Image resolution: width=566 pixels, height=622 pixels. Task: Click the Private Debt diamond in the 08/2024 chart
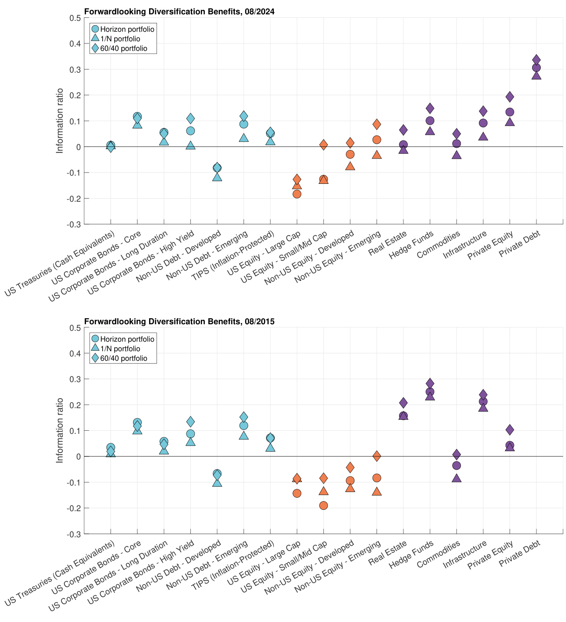(x=536, y=60)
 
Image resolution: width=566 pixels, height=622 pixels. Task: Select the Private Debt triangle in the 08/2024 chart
(x=536, y=75)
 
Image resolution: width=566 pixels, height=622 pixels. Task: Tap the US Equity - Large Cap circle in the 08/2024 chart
(x=297, y=194)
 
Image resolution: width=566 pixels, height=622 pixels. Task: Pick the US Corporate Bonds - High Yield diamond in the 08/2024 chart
(x=190, y=118)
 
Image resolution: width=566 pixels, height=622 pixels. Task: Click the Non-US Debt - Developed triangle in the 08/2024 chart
(x=217, y=176)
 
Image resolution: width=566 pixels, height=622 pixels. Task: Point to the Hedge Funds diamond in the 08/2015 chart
(x=430, y=383)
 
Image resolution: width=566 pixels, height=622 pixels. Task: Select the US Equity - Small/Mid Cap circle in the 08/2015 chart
(x=323, y=506)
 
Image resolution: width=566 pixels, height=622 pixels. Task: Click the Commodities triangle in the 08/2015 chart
(x=456, y=478)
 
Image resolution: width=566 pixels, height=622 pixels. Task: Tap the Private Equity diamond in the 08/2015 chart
(x=510, y=430)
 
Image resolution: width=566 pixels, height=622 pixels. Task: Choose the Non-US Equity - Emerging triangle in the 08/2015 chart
(x=377, y=492)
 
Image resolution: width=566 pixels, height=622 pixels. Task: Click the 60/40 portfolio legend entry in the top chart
(x=123, y=49)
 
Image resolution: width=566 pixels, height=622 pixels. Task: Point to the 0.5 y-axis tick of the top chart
(x=75, y=18)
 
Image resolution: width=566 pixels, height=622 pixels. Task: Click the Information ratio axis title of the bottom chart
(x=60, y=430)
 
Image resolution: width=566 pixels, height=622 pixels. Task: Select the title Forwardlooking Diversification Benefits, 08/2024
(x=179, y=12)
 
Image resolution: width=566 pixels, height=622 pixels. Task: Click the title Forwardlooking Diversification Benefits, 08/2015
(x=179, y=322)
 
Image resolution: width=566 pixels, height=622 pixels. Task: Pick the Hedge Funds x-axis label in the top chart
(x=411, y=245)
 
